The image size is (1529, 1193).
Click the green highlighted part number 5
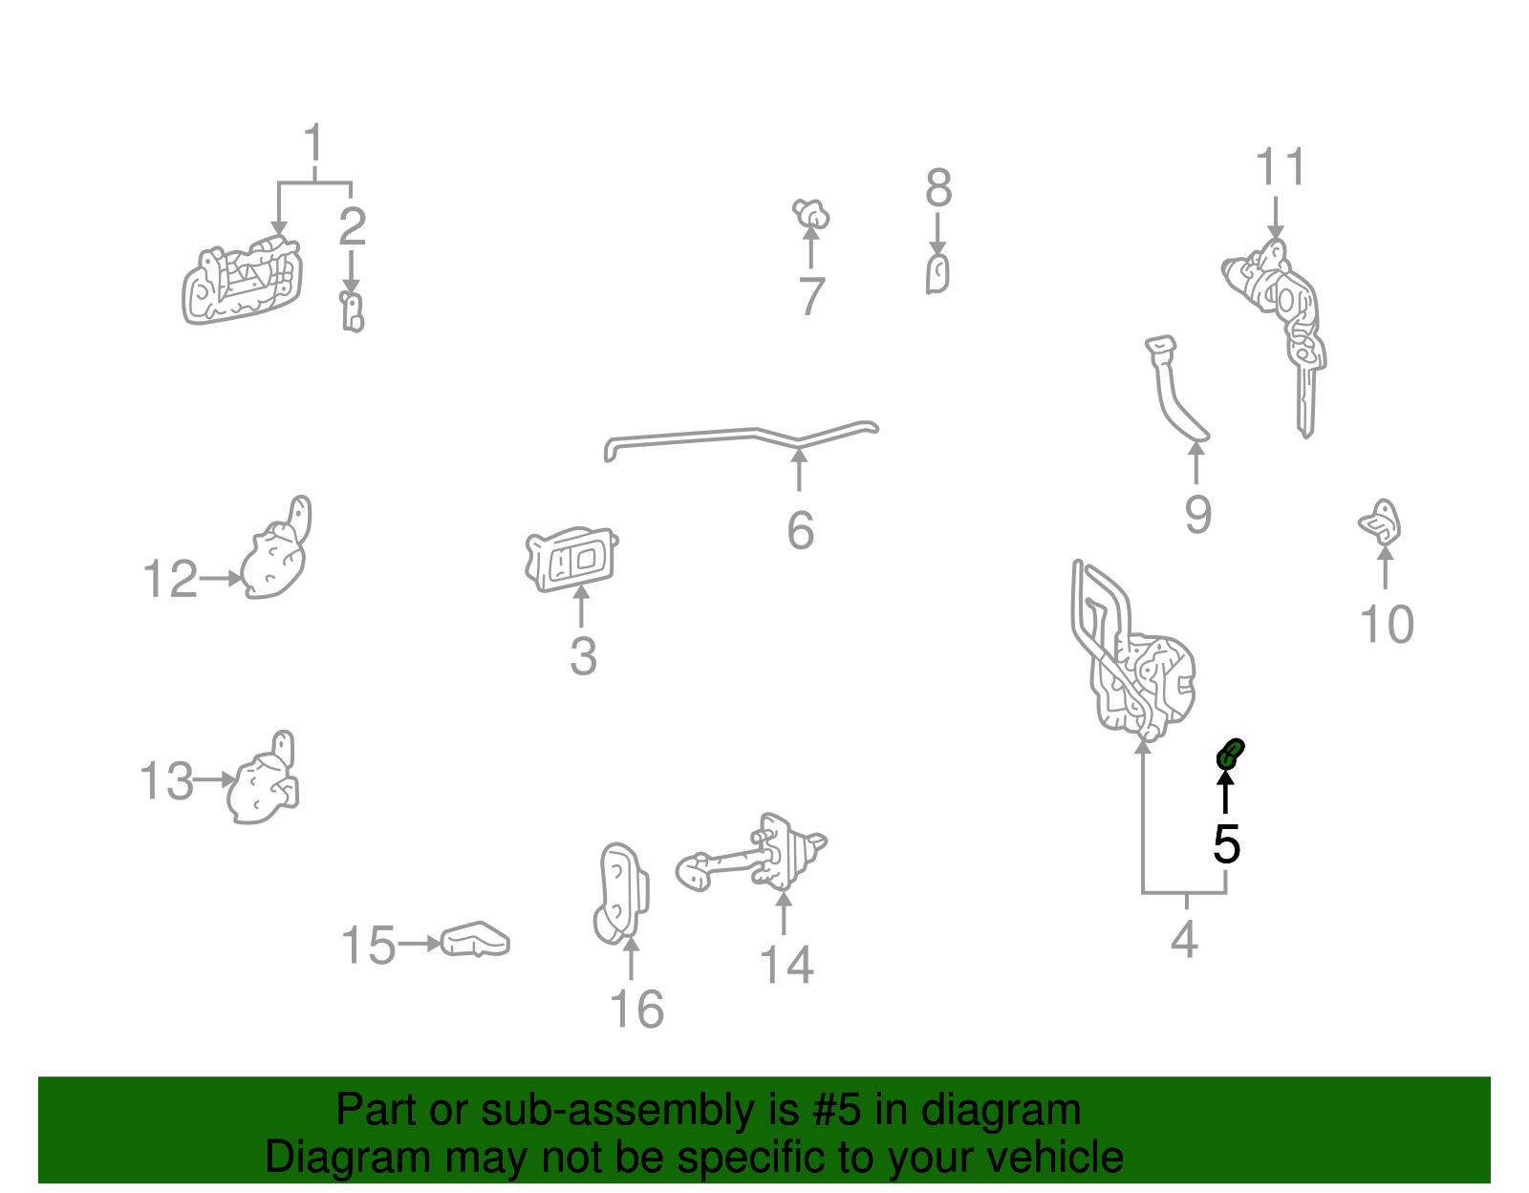coord(1229,755)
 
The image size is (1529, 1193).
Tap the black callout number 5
coord(1226,844)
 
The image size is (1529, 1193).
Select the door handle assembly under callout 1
coord(242,282)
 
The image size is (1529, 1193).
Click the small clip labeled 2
coord(353,312)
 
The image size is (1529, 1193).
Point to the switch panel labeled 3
coord(571,559)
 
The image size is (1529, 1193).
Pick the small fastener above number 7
coord(810,214)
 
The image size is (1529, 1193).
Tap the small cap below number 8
coord(937,275)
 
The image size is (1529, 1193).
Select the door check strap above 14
coord(755,855)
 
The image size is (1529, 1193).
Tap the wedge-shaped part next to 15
coord(475,940)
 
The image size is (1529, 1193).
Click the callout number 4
coord(1184,941)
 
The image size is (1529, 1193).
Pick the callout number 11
coord(1280,168)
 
